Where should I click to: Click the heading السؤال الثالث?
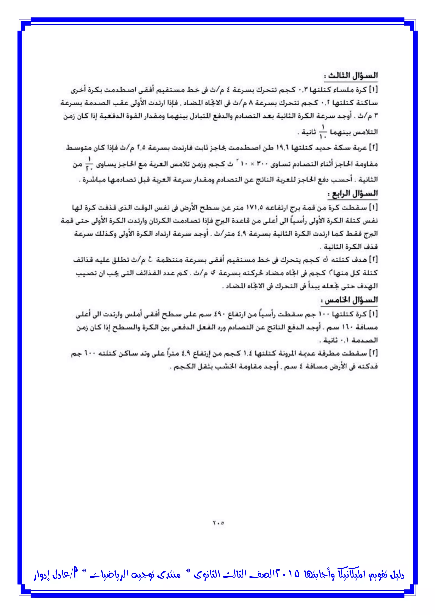[351, 76]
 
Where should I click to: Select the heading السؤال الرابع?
[353, 194]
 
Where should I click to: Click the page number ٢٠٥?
[218, 523]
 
